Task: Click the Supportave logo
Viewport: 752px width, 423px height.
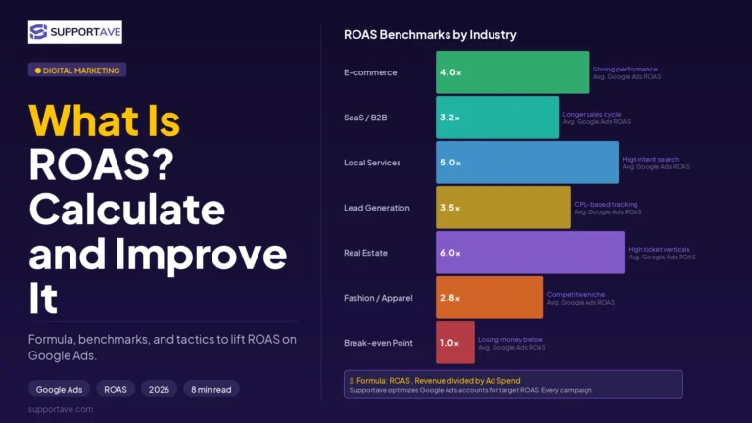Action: coord(74,31)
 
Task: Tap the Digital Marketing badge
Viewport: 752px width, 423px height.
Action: coord(77,70)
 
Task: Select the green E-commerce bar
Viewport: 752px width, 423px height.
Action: coord(513,72)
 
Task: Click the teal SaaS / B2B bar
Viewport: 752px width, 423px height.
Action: coord(497,117)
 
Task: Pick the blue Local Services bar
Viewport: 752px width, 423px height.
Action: coord(527,163)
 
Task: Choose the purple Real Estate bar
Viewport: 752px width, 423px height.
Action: coord(530,253)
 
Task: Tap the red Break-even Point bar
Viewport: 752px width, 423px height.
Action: coord(455,343)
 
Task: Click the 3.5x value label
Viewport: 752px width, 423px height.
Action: coord(449,208)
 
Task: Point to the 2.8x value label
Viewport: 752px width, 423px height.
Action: coord(449,298)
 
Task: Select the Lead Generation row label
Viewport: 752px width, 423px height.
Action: coord(376,208)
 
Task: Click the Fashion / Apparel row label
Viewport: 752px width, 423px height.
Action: coord(378,298)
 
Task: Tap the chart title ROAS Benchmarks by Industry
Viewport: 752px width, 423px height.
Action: coord(430,35)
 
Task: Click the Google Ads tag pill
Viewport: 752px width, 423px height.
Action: coord(59,389)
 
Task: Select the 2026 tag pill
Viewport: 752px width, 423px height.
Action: coord(159,389)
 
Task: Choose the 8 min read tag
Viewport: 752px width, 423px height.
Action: coord(211,389)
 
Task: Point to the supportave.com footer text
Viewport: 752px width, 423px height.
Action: coord(61,409)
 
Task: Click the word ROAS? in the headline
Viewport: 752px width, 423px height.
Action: coord(101,164)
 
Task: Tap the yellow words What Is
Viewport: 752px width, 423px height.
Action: coord(104,120)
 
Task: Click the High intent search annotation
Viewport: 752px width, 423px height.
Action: coord(650,159)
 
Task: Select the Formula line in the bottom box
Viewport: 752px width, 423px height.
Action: coord(439,380)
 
